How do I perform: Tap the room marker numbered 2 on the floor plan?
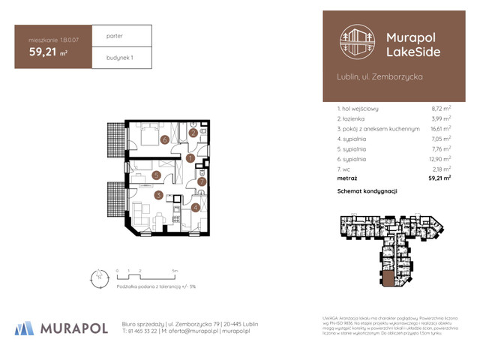[193, 133]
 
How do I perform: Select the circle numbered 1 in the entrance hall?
[190, 158]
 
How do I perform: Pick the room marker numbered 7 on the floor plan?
[202, 181]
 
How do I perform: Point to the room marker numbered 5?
[155, 175]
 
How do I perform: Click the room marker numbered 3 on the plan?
[159, 196]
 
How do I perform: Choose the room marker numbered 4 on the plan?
[195, 208]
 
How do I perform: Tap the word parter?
[115, 35]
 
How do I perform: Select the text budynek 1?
[118, 57]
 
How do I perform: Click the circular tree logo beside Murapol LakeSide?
[356, 43]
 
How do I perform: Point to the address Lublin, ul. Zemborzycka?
[380, 77]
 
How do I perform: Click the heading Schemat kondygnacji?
[367, 191]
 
